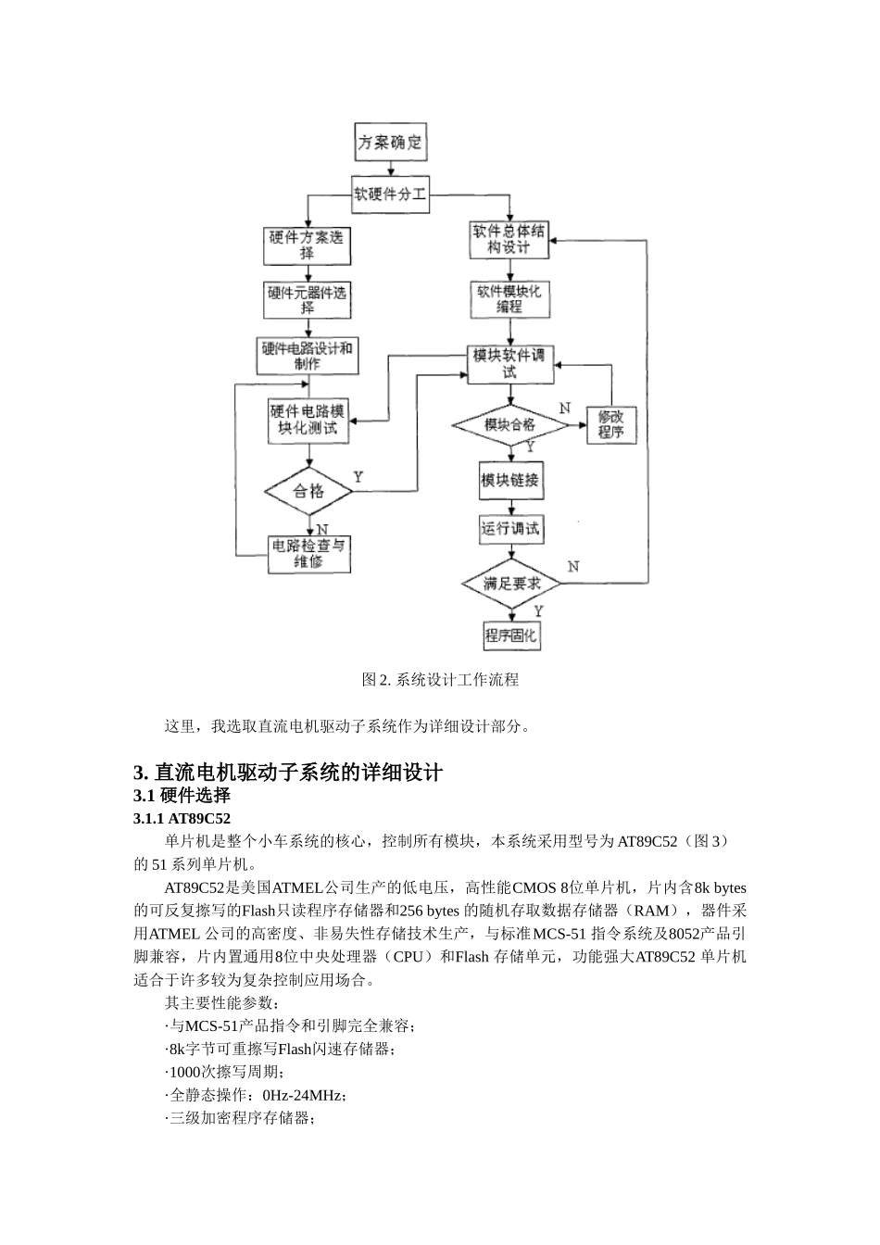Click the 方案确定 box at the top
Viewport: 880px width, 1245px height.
tap(390, 143)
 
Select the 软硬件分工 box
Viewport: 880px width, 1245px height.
tap(390, 195)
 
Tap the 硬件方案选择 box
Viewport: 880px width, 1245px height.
tap(307, 245)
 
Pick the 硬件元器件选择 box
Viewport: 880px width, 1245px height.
tap(307, 299)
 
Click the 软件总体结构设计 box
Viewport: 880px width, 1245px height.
tap(509, 239)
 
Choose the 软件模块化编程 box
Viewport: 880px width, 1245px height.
tap(509, 298)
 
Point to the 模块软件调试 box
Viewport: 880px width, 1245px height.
tap(509, 363)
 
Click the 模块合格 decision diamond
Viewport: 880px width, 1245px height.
tap(509, 425)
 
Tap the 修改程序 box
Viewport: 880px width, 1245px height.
tap(611, 425)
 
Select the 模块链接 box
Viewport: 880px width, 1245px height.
tap(509, 481)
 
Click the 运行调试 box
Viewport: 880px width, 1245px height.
tap(509, 529)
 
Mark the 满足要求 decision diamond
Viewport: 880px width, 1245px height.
tap(509, 584)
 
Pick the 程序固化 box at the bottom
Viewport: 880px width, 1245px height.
tap(510, 635)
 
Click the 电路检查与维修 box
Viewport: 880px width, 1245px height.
tap(308, 553)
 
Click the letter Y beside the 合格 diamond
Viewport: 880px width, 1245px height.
tap(358, 477)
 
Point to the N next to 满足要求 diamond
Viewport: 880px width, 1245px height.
tap(573, 566)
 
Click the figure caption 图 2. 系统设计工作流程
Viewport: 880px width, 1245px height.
tap(440, 680)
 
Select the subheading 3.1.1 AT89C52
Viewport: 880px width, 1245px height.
tap(182, 819)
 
